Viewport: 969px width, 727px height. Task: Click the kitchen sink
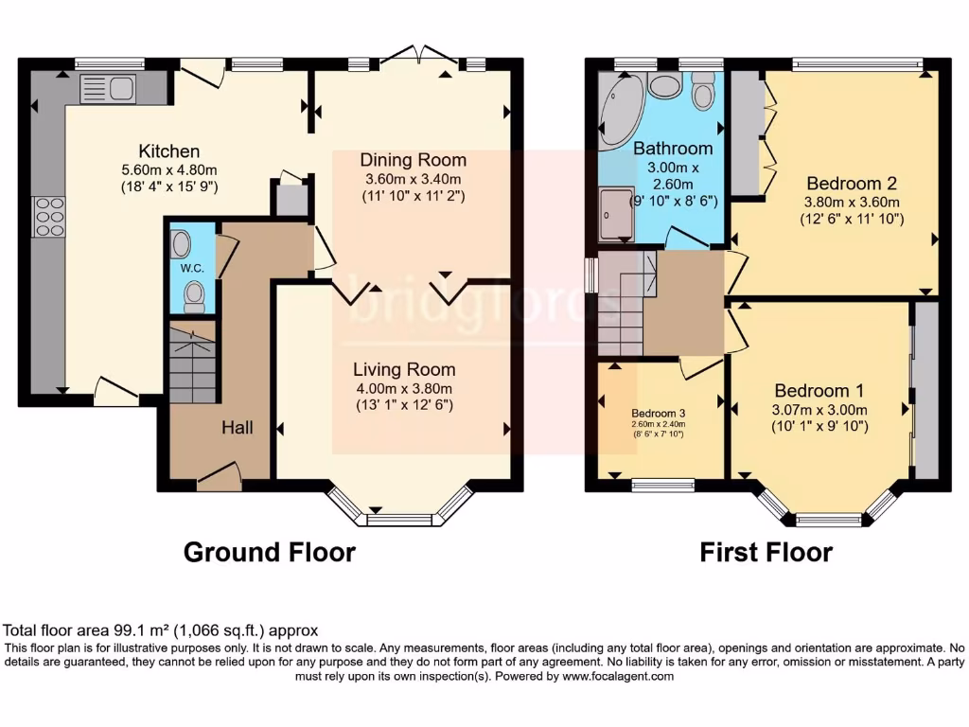pyautogui.click(x=108, y=89)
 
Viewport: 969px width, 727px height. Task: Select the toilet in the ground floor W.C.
pyautogui.click(x=194, y=297)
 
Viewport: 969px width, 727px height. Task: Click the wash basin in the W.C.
pyautogui.click(x=182, y=244)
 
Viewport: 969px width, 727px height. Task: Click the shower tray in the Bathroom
pyautogui.click(x=615, y=213)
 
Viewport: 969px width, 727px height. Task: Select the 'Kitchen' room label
pyautogui.click(x=169, y=151)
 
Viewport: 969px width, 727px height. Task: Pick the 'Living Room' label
pyautogui.click(x=404, y=369)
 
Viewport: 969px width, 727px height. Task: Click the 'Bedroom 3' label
pyautogui.click(x=659, y=413)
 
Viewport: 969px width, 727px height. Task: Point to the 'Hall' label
pyautogui.click(x=238, y=428)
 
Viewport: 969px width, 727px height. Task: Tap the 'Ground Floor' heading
pyautogui.click(x=269, y=552)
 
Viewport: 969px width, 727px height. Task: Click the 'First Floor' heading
pyautogui.click(x=766, y=552)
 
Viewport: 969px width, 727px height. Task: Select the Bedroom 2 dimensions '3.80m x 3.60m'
pyautogui.click(x=851, y=202)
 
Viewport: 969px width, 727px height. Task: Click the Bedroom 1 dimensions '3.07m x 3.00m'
pyautogui.click(x=819, y=410)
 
